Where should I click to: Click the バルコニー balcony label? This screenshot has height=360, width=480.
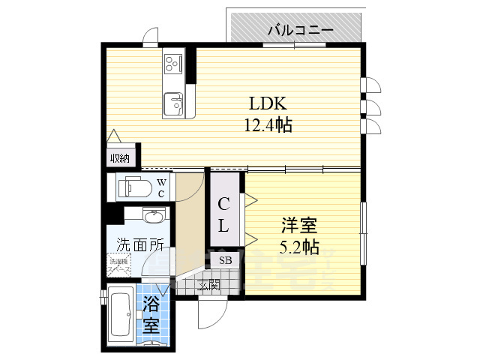click(300, 31)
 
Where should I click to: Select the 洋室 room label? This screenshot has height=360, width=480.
click(298, 224)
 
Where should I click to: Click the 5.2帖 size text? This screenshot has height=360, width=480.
click(298, 245)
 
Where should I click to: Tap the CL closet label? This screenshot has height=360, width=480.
click(224, 214)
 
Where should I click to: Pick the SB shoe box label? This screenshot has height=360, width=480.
click(225, 259)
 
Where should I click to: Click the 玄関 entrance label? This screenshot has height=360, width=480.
click(208, 284)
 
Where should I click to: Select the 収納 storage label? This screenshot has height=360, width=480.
click(120, 157)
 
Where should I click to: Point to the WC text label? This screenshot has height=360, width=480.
click(160, 188)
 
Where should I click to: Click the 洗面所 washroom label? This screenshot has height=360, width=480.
click(139, 244)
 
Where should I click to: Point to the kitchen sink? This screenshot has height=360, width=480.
click(175, 101)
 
